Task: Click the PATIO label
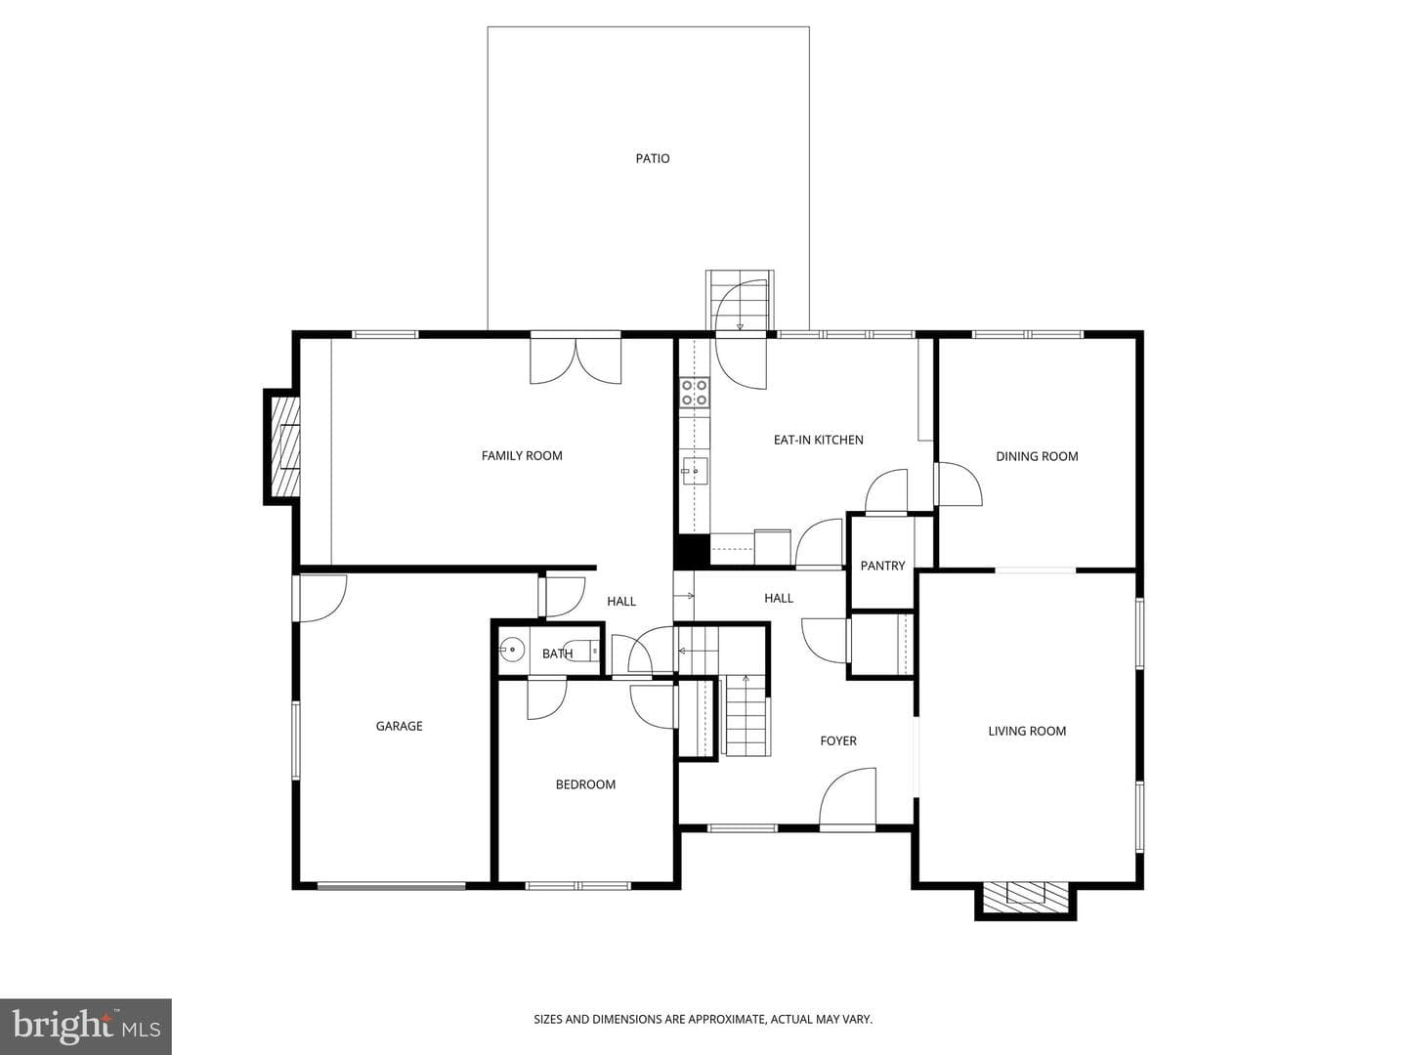653,158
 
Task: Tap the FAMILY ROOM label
522,455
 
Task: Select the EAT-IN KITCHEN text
819,440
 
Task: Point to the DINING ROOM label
1037,456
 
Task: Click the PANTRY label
882,566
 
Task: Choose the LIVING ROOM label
1027,731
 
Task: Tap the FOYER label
838,740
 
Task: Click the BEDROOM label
585,784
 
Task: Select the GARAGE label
399,726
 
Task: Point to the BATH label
557,654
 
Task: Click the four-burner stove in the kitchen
695,392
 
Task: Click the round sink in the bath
512,650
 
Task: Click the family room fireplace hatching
285,446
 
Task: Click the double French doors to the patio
576,360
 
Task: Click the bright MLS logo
86,1026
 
